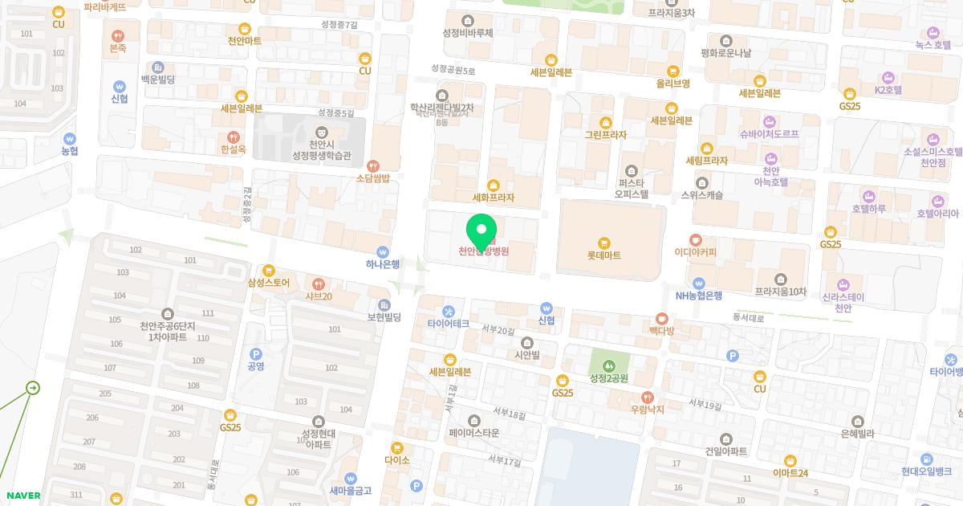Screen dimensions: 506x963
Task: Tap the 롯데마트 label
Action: [x=603, y=255]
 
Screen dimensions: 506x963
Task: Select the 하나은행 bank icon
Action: [x=383, y=251]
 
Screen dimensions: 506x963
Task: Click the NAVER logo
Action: [x=23, y=496]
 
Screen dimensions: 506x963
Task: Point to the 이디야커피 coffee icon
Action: [x=695, y=239]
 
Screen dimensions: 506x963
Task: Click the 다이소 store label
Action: [x=397, y=460]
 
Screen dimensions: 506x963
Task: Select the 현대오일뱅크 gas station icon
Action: [x=927, y=459]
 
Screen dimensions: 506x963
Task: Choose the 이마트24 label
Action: [x=790, y=473]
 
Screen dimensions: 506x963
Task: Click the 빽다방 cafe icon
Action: [x=662, y=319]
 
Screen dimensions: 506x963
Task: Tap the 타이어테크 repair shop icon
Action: [x=448, y=311]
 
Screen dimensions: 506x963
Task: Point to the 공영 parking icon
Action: [x=256, y=354]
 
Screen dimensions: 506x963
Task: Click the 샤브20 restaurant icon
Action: [x=319, y=284]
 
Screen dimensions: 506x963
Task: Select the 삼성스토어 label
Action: [x=269, y=283]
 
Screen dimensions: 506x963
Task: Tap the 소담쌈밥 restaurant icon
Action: [x=372, y=165]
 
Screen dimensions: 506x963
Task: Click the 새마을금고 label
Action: [x=350, y=491]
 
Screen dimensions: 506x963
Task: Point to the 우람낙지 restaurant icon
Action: [x=648, y=397]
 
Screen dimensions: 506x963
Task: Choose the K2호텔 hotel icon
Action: [x=888, y=78]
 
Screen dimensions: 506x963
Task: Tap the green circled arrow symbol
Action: [x=32, y=388]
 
